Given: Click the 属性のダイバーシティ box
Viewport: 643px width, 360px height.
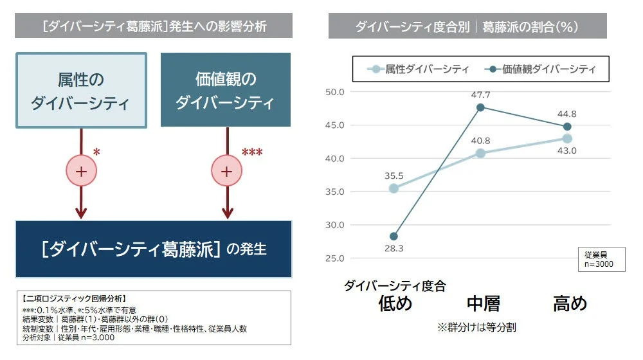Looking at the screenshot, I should click(81, 90).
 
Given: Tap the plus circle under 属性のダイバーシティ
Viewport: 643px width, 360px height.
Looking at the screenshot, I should click(81, 172).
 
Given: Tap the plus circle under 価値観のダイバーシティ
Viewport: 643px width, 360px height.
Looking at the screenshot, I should click(226, 172).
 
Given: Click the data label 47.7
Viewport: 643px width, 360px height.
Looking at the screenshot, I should click(481, 95).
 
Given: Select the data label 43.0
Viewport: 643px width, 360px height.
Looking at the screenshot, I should click(566, 150).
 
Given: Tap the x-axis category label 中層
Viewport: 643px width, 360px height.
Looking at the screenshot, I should click(483, 303).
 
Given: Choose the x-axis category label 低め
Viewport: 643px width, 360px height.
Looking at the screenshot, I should click(395, 303).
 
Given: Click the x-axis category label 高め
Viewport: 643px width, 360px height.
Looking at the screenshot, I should click(570, 303).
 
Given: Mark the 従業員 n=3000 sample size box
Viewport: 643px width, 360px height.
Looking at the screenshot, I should click(600, 259).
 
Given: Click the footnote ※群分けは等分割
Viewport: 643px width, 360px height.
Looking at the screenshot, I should click(476, 327).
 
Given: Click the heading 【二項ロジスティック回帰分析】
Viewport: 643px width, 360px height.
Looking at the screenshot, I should click(73, 299).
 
